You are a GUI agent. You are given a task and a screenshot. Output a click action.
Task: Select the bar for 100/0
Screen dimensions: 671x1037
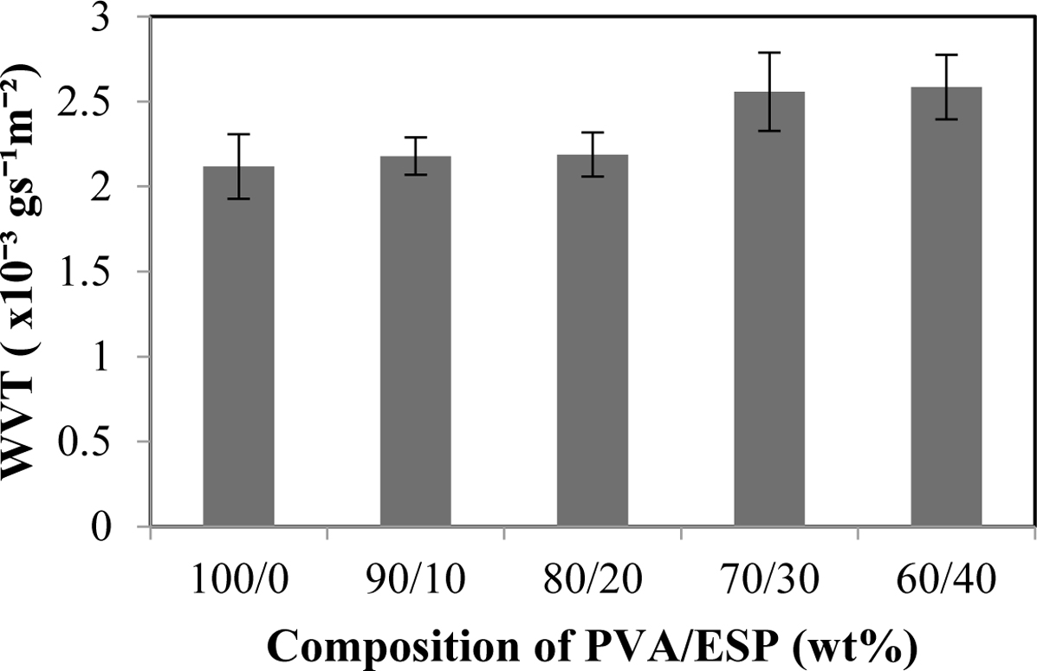(238, 346)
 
